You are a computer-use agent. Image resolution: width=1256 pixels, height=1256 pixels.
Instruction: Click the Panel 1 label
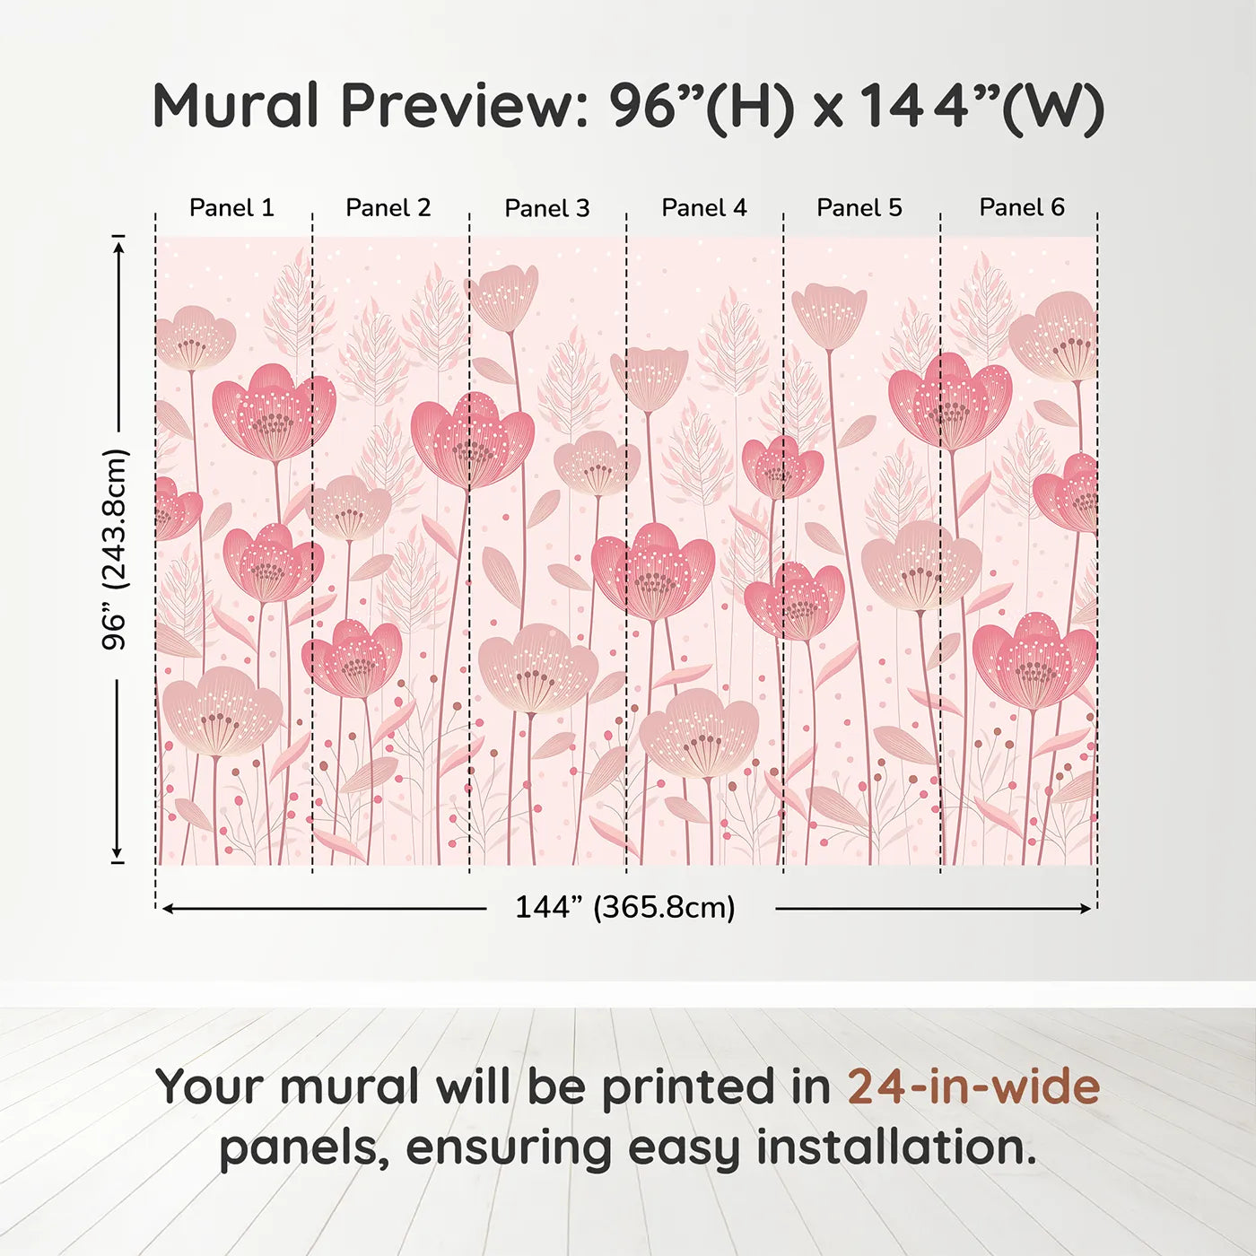tap(231, 208)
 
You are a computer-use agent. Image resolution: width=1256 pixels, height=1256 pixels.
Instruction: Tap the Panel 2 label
tap(388, 208)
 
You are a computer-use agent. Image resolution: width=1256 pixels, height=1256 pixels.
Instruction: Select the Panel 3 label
tap(547, 209)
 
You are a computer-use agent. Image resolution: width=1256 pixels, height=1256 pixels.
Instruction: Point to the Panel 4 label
tap(704, 208)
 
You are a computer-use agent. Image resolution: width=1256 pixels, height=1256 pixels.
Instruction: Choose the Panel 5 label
tap(859, 208)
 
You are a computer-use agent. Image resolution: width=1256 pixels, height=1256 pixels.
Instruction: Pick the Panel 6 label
tap(1022, 208)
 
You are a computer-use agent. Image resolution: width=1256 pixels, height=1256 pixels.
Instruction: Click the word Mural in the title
tap(236, 106)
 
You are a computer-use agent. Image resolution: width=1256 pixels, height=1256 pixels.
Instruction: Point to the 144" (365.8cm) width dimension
tap(625, 908)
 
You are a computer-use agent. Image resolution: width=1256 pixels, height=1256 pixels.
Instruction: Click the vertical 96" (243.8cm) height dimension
tap(116, 549)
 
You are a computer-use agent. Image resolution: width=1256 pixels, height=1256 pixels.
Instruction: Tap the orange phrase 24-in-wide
tap(973, 1087)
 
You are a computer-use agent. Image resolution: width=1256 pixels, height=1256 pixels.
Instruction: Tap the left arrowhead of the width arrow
tap(168, 909)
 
